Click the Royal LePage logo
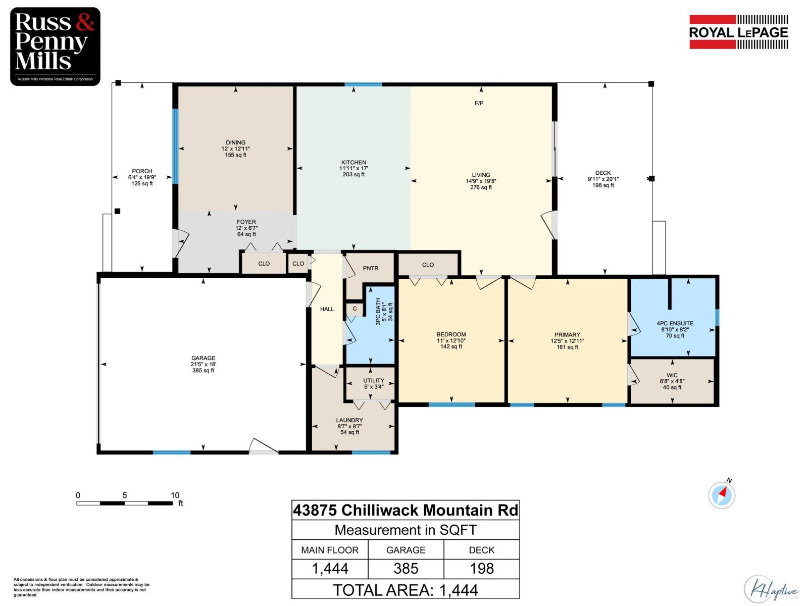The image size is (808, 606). (738, 32)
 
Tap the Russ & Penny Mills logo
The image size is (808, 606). (55, 46)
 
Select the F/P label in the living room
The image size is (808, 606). (479, 104)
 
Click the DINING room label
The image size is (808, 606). (235, 142)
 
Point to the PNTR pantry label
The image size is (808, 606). (370, 268)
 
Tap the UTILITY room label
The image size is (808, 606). (374, 381)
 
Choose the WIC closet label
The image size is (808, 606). (672, 375)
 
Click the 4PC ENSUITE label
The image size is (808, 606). (675, 323)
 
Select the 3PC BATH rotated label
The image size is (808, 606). (378, 311)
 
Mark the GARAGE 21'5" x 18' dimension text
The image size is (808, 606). (203, 364)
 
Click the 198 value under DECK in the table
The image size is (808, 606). (481, 569)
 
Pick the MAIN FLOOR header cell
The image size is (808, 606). (330, 550)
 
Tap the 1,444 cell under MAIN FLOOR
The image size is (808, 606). (330, 569)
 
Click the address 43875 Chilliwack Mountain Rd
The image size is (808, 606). (406, 510)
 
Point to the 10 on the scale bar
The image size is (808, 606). (175, 495)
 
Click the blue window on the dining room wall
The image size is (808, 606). (175, 146)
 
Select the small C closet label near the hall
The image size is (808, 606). (355, 309)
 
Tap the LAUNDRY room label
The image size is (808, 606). (349, 420)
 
